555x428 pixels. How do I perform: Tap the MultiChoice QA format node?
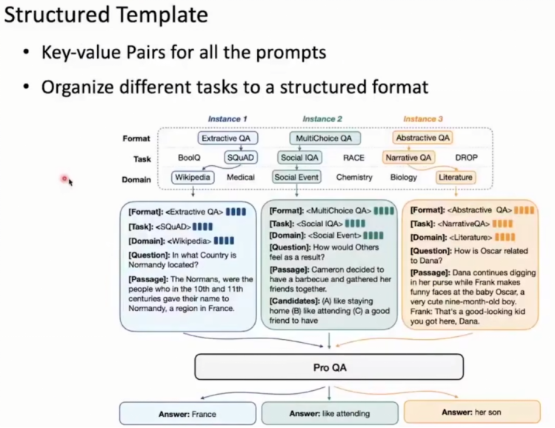[323, 138]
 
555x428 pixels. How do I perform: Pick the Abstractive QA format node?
[424, 138]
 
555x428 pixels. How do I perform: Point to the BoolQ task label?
[190, 158]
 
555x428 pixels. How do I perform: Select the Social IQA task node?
[300, 158]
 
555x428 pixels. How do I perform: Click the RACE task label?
[354, 158]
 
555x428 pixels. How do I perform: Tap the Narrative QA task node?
[408, 158]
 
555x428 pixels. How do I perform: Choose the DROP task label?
[466, 158]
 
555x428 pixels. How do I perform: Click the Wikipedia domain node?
[193, 178]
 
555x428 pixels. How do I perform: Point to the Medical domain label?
[241, 178]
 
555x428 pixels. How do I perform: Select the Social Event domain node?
[296, 178]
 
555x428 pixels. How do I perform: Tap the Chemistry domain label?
[354, 178]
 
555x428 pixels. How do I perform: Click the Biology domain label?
[404, 178]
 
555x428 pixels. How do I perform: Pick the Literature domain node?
[455, 178]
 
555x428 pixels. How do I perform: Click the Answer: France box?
[189, 414]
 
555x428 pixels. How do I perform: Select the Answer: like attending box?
[330, 413]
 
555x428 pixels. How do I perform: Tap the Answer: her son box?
[471, 412]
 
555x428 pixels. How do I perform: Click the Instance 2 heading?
[323, 119]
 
